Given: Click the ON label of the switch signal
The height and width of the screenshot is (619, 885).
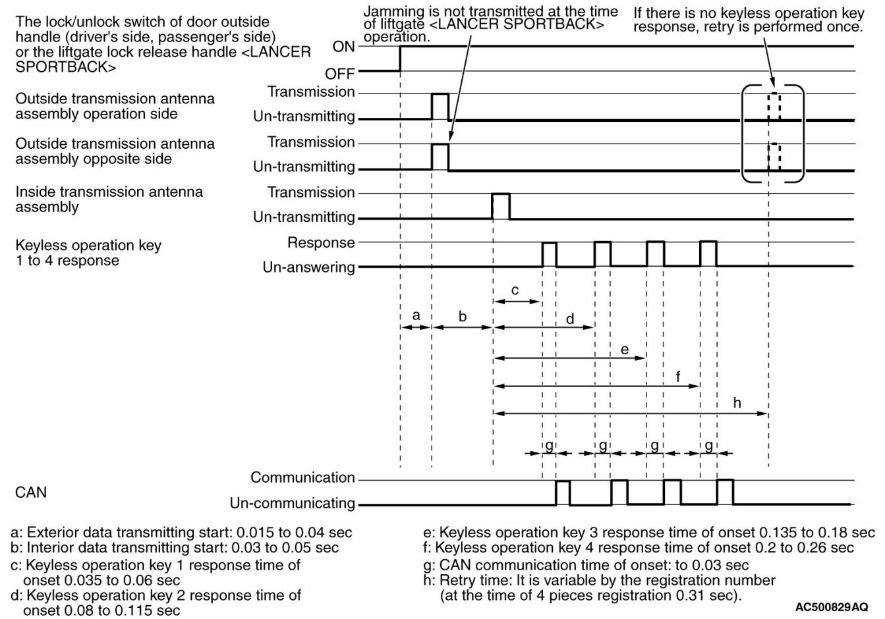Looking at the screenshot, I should (x=343, y=47).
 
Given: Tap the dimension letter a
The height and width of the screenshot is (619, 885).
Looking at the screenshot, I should (x=416, y=315).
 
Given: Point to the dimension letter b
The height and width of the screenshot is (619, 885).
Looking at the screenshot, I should (x=463, y=316).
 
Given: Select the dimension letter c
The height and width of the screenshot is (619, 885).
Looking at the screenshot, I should (x=515, y=290).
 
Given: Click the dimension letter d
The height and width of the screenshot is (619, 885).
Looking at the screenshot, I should (x=570, y=319).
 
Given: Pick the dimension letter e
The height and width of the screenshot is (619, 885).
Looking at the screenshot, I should (x=625, y=349).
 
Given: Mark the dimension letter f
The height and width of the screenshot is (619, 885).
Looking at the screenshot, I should (x=678, y=377).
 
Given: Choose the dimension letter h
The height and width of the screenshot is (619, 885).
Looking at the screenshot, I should (x=737, y=402).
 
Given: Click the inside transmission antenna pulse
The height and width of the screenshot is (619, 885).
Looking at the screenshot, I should (x=501, y=206).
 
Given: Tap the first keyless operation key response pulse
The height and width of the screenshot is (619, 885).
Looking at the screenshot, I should (x=549, y=255).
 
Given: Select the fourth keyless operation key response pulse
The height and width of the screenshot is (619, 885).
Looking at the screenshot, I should (x=708, y=254).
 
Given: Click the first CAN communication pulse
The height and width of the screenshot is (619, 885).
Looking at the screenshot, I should (x=563, y=493).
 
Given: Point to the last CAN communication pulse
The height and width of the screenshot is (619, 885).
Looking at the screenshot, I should (x=725, y=492).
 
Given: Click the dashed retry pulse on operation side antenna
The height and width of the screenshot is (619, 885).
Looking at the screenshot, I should (x=774, y=107).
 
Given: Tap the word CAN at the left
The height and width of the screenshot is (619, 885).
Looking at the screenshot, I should (x=30, y=492).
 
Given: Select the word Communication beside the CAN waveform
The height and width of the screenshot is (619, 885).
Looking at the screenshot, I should (x=302, y=477).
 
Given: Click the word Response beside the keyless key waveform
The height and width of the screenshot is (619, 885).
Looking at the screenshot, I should (x=321, y=242).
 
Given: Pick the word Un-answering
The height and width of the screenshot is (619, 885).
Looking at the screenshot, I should (x=308, y=267).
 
